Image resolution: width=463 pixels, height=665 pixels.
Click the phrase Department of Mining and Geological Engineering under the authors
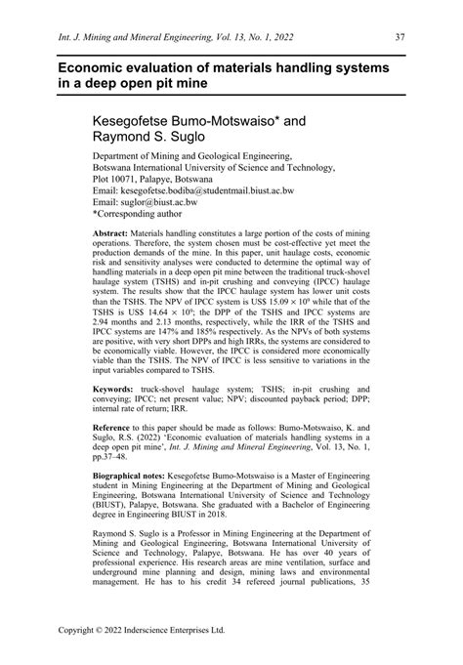pos(191,155)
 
